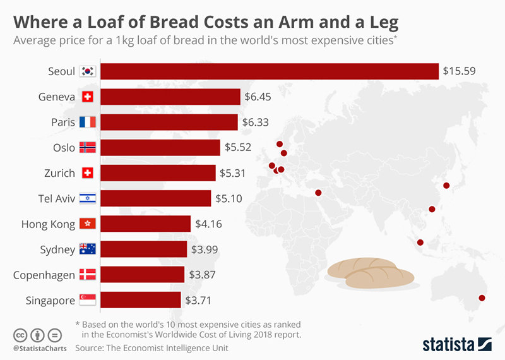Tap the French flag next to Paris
(x=87, y=123)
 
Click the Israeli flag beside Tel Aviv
(x=87, y=198)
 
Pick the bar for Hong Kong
(x=145, y=224)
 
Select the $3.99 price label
(x=205, y=249)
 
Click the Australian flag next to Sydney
(x=87, y=249)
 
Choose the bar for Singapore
(x=141, y=300)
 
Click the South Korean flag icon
(x=87, y=71)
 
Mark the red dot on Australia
(x=482, y=298)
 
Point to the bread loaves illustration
(x=371, y=272)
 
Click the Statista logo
(x=456, y=344)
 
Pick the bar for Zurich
(x=158, y=173)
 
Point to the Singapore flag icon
(x=87, y=300)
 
